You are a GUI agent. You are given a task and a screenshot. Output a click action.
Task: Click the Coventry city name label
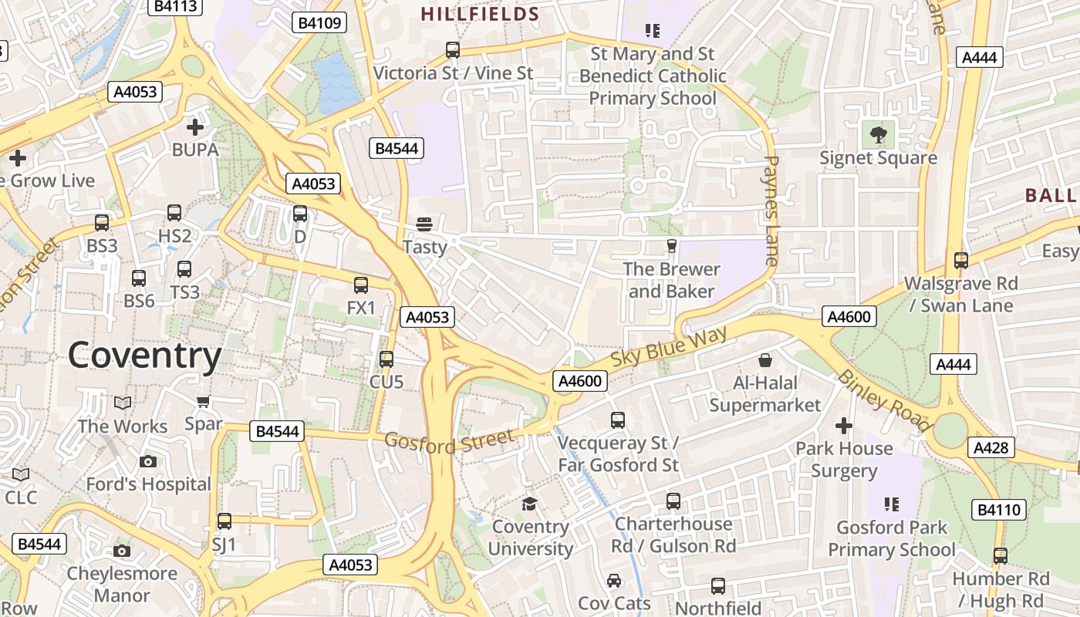pyautogui.click(x=144, y=356)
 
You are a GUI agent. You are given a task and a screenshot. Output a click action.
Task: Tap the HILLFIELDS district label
pyautogui.click(x=480, y=14)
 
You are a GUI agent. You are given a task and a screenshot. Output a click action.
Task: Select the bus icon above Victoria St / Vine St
pyautogui.click(x=453, y=50)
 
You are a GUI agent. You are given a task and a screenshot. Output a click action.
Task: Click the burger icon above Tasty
pyautogui.click(x=424, y=224)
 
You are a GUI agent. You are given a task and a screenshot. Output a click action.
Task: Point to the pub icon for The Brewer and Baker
pyautogui.click(x=671, y=246)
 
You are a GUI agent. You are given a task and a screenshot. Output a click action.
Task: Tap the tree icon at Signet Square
pyautogui.click(x=878, y=136)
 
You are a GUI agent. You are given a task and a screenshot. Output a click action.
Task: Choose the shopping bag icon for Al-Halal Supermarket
pyautogui.click(x=765, y=360)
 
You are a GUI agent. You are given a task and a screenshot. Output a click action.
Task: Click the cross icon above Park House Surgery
pyautogui.click(x=844, y=425)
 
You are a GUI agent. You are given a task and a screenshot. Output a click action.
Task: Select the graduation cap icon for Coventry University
pyautogui.click(x=529, y=504)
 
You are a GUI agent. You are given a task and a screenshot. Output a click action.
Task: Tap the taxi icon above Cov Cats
pyautogui.click(x=614, y=581)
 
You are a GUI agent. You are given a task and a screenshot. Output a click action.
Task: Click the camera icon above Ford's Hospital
pyautogui.click(x=148, y=461)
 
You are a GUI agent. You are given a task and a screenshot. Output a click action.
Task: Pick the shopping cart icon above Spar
pyautogui.click(x=204, y=401)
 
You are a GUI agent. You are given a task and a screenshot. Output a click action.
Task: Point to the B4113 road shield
pyautogui.click(x=175, y=7)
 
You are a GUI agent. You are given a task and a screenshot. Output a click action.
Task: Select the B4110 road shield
pyautogui.click(x=999, y=509)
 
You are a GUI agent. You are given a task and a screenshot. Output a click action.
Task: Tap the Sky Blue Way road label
pyautogui.click(x=669, y=348)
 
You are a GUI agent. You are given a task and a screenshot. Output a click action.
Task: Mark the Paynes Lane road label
pyautogui.click(x=771, y=211)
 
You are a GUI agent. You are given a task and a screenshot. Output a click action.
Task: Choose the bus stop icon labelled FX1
pyautogui.click(x=361, y=285)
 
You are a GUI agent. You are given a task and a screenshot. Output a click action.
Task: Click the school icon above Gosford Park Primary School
pyautogui.click(x=892, y=504)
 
